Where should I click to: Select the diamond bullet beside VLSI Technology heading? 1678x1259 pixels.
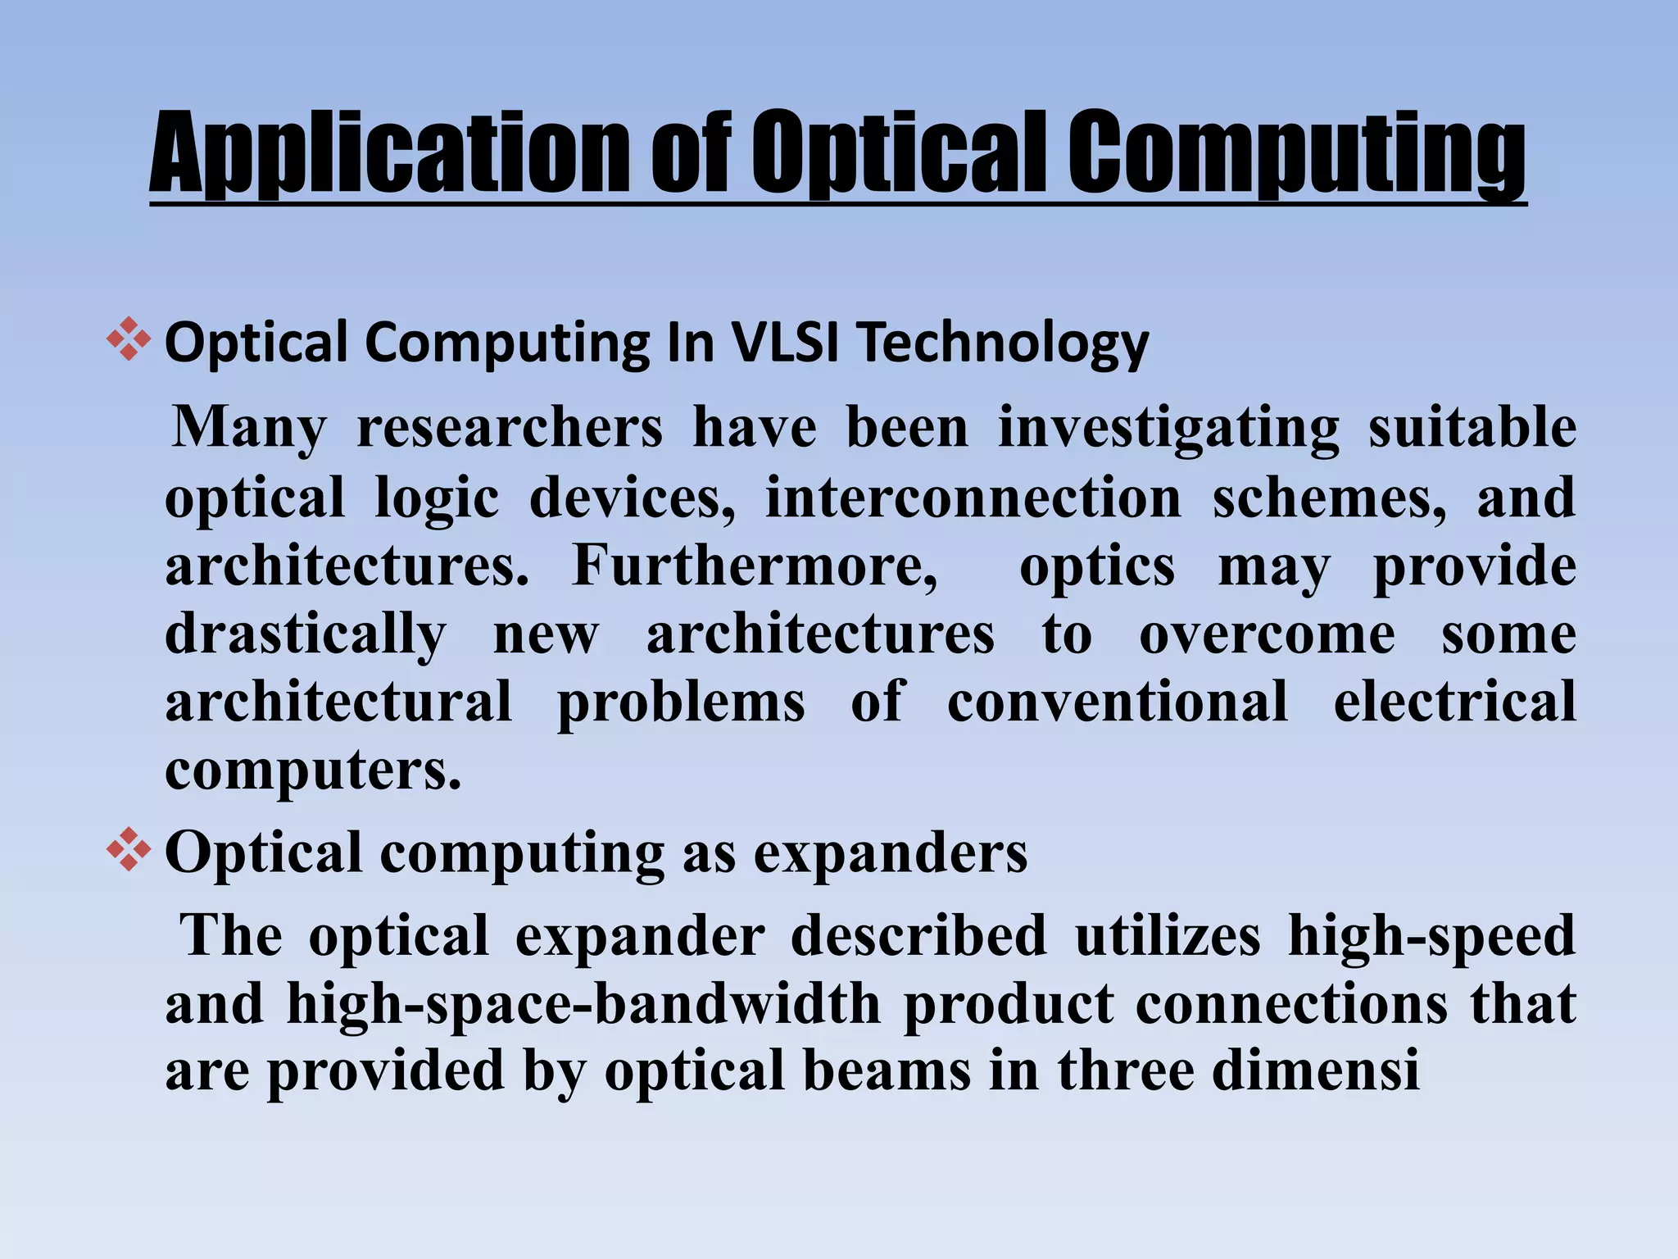129,339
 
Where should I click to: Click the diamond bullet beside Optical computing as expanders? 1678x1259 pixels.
129,849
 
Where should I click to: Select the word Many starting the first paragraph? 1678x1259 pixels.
249,428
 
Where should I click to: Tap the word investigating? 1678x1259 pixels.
1168,428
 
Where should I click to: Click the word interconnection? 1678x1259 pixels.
973,498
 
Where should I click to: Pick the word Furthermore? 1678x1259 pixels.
755,566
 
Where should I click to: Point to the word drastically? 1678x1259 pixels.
306,634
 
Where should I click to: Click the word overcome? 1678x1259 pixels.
1267,634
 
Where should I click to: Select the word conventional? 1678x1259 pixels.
1118,702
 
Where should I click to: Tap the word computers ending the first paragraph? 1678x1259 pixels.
313,770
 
